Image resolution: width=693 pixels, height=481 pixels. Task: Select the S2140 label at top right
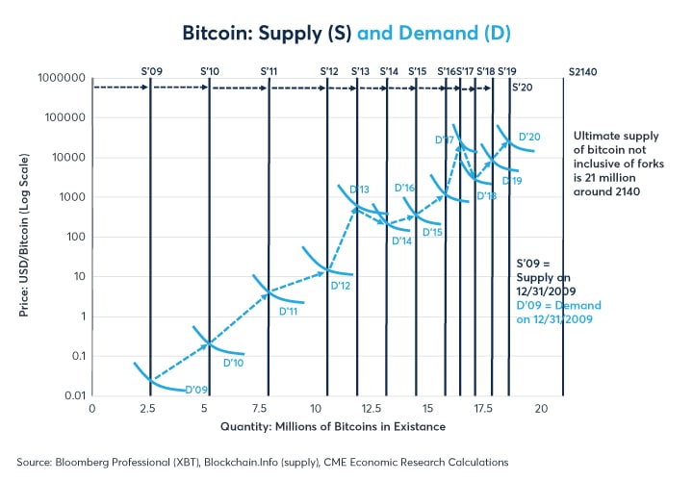pos(581,71)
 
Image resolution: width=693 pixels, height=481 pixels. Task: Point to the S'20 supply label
pos(522,87)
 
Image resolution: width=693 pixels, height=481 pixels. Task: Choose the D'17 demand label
pos(444,140)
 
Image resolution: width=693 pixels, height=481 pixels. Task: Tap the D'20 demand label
pos(529,137)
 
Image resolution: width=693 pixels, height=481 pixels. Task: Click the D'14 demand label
pos(401,241)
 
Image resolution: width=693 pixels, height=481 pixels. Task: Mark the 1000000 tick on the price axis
pos(61,78)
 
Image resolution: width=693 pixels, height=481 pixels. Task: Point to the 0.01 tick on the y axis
pos(73,395)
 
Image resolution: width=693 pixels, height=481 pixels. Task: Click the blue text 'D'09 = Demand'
pos(559,306)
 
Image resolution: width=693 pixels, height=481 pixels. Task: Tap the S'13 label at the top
pos(360,70)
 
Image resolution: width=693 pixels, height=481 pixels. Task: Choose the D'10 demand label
pos(233,363)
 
